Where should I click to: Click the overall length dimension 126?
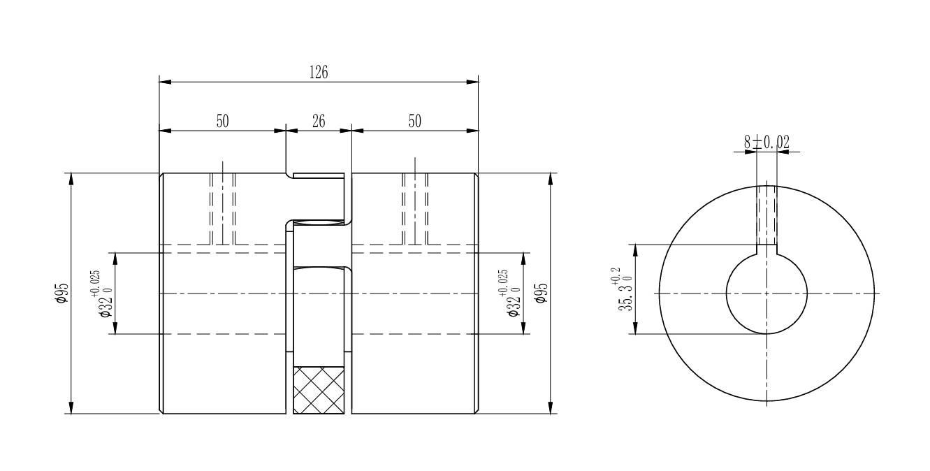pyautogui.click(x=319, y=72)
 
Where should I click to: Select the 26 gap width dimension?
pyautogui.click(x=319, y=122)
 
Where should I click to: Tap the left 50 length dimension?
pyautogui.click(x=222, y=122)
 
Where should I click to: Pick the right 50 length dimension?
pyautogui.click(x=415, y=122)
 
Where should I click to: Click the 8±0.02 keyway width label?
pyautogui.click(x=766, y=143)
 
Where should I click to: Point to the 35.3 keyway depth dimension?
pyautogui.click(x=623, y=289)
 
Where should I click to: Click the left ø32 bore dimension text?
pyautogui.click(x=101, y=294)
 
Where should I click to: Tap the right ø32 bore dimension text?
pyautogui.click(x=509, y=294)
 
